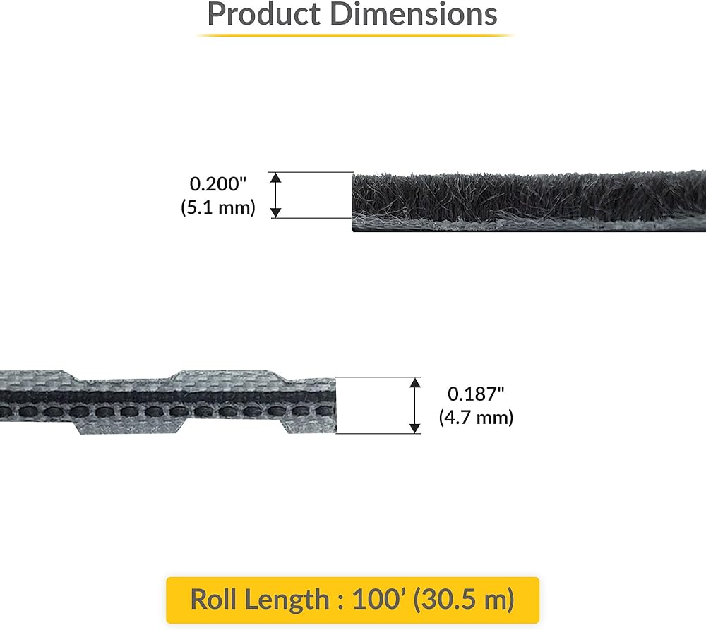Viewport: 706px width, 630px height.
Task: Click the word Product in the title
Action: [264, 14]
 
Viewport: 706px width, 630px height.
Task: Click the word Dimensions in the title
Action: [413, 14]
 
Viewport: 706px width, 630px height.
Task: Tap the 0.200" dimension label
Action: [218, 183]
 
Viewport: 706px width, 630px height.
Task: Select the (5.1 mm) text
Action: [218, 207]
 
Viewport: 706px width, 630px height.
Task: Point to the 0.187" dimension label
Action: [476, 394]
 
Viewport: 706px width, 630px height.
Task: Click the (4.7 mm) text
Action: [476, 418]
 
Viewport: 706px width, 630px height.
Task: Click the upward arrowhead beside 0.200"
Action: [275, 178]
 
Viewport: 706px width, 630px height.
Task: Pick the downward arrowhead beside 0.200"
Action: [275, 212]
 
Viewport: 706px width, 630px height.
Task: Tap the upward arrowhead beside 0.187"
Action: [415, 383]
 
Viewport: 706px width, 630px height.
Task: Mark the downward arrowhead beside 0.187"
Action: [415, 428]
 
